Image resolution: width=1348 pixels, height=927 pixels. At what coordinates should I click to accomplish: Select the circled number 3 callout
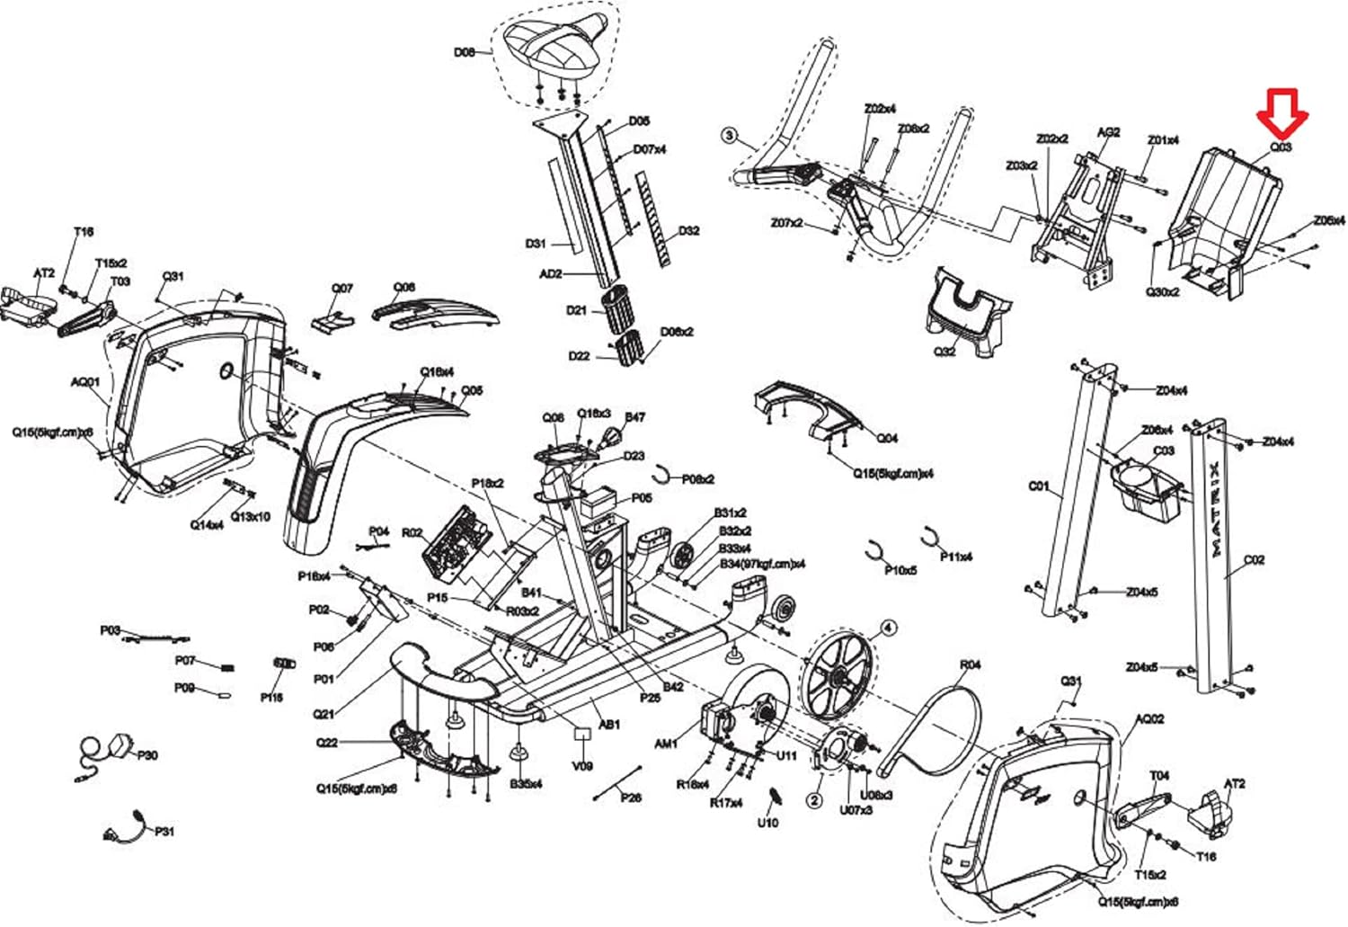pyautogui.click(x=730, y=137)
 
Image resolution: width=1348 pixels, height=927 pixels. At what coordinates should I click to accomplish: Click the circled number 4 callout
pyautogui.click(x=887, y=628)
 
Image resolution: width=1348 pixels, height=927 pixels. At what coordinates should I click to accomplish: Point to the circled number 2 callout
pyautogui.click(x=814, y=799)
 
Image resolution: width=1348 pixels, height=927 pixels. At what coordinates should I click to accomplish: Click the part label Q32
pyautogui.click(x=944, y=351)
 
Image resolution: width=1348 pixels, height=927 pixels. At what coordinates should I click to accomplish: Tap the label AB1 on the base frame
pyautogui.click(x=609, y=724)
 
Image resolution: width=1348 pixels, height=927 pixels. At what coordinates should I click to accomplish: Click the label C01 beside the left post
pyautogui.click(x=1038, y=486)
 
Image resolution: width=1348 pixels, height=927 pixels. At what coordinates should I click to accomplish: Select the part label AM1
pyautogui.click(x=665, y=744)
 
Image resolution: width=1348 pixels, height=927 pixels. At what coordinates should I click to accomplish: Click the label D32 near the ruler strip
pyautogui.click(x=688, y=231)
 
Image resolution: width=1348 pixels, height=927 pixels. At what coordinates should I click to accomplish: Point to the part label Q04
pyautogui.click(x=887, y=438)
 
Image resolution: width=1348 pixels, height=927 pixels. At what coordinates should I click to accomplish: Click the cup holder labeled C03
pyautogui.click(x=1145, y=490)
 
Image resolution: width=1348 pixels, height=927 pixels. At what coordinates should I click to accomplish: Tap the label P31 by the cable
pyautogui.click(x=164, y=832)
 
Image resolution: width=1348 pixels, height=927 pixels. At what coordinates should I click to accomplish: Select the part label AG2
pyautogui.click(x=1108, y=132)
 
